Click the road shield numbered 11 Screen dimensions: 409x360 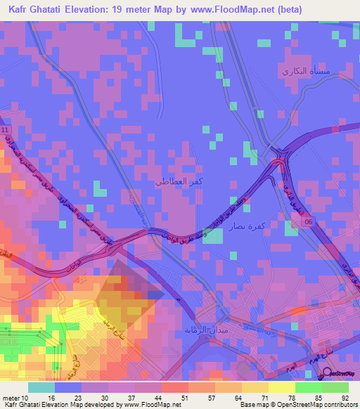6,131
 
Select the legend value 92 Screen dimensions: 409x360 343,396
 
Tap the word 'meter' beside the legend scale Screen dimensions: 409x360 11,396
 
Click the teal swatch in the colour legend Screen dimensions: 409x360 41,387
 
